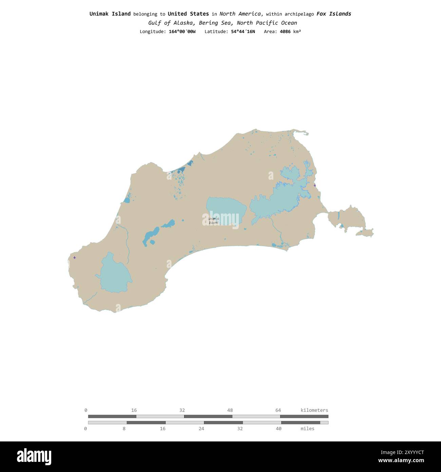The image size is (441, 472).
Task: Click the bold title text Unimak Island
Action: coord(110,14)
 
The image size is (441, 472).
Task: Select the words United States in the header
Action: coord(188,14)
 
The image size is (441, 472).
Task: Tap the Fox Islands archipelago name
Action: coord(334,14)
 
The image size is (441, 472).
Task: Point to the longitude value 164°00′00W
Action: coord(182,32)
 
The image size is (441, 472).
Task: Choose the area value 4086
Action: coord(285,32)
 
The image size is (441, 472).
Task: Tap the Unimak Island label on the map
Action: coord(213,221)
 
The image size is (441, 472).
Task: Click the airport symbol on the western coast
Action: coord(75,257)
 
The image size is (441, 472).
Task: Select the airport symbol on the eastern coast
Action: coord(315,185)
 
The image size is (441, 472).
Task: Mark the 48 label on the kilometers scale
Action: coord(230,410)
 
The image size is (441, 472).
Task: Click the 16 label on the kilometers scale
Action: coord(134,410)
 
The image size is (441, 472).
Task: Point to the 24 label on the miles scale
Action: coord(202,429)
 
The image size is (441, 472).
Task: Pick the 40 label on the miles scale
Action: coord(279,429)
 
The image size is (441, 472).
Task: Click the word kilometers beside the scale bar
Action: coord(314,410)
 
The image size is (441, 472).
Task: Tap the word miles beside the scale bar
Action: coord(307,429)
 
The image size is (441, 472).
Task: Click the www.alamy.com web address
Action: coord(401,461)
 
